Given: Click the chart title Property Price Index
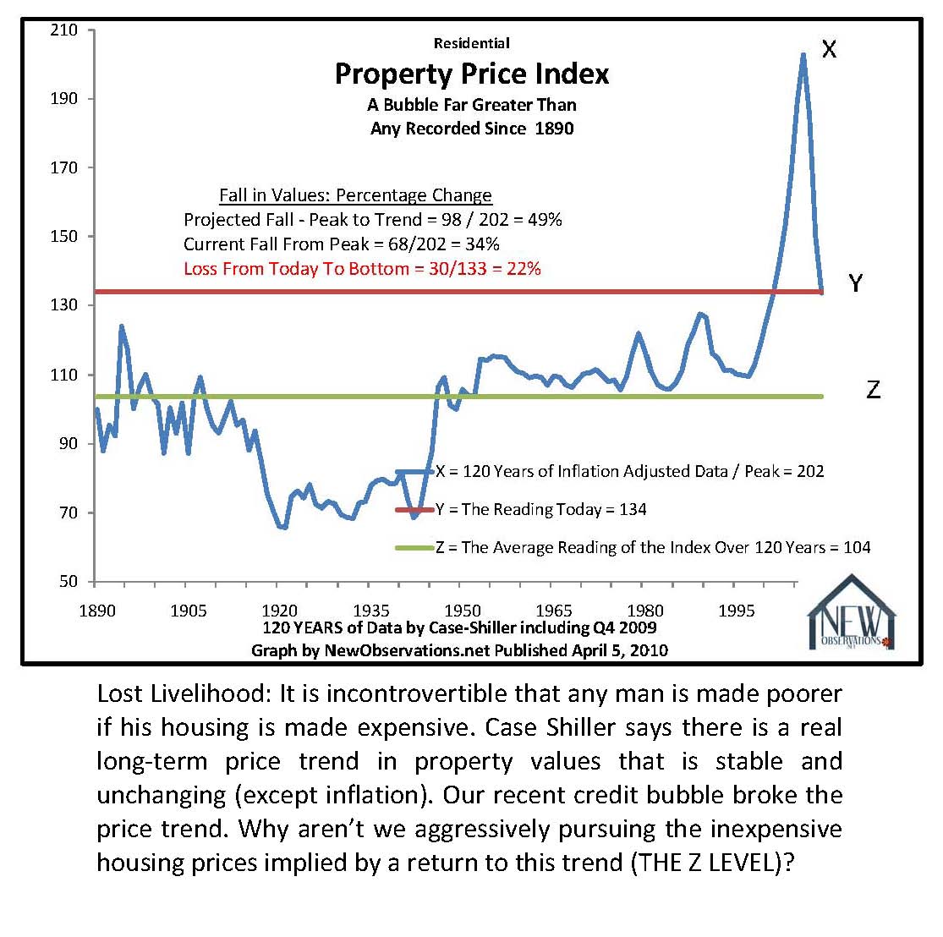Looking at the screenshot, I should click(x=471, y=74).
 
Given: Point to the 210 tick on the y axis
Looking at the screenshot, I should click(x=64, y=30).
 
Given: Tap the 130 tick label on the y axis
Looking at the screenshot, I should click(x=64, y=305).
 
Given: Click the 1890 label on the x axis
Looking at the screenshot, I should click(x=96, y=611).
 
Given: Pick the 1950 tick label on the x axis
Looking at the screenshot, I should click(x=463, y=611).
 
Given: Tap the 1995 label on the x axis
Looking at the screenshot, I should click(x=736, y=611).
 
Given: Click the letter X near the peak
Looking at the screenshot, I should click(x=829, y=49).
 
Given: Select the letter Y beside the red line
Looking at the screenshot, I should click(x=855, y=283).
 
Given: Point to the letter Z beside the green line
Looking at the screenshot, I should click(x=873, y=390).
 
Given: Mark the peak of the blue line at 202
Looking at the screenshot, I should click(x=803, y=54).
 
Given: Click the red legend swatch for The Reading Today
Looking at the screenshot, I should click(x=414, y=510).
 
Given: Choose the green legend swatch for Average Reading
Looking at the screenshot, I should click(x=414, y=548).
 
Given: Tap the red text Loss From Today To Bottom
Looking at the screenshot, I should click(x=362, y=269).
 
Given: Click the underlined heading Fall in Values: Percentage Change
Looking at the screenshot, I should click(x=355, y=195).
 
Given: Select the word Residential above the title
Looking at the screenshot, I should click(x=471, y=43).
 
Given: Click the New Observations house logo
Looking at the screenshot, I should click(x=851, y=613).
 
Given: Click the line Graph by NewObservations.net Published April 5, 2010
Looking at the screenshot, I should click(x=459, y=650).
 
